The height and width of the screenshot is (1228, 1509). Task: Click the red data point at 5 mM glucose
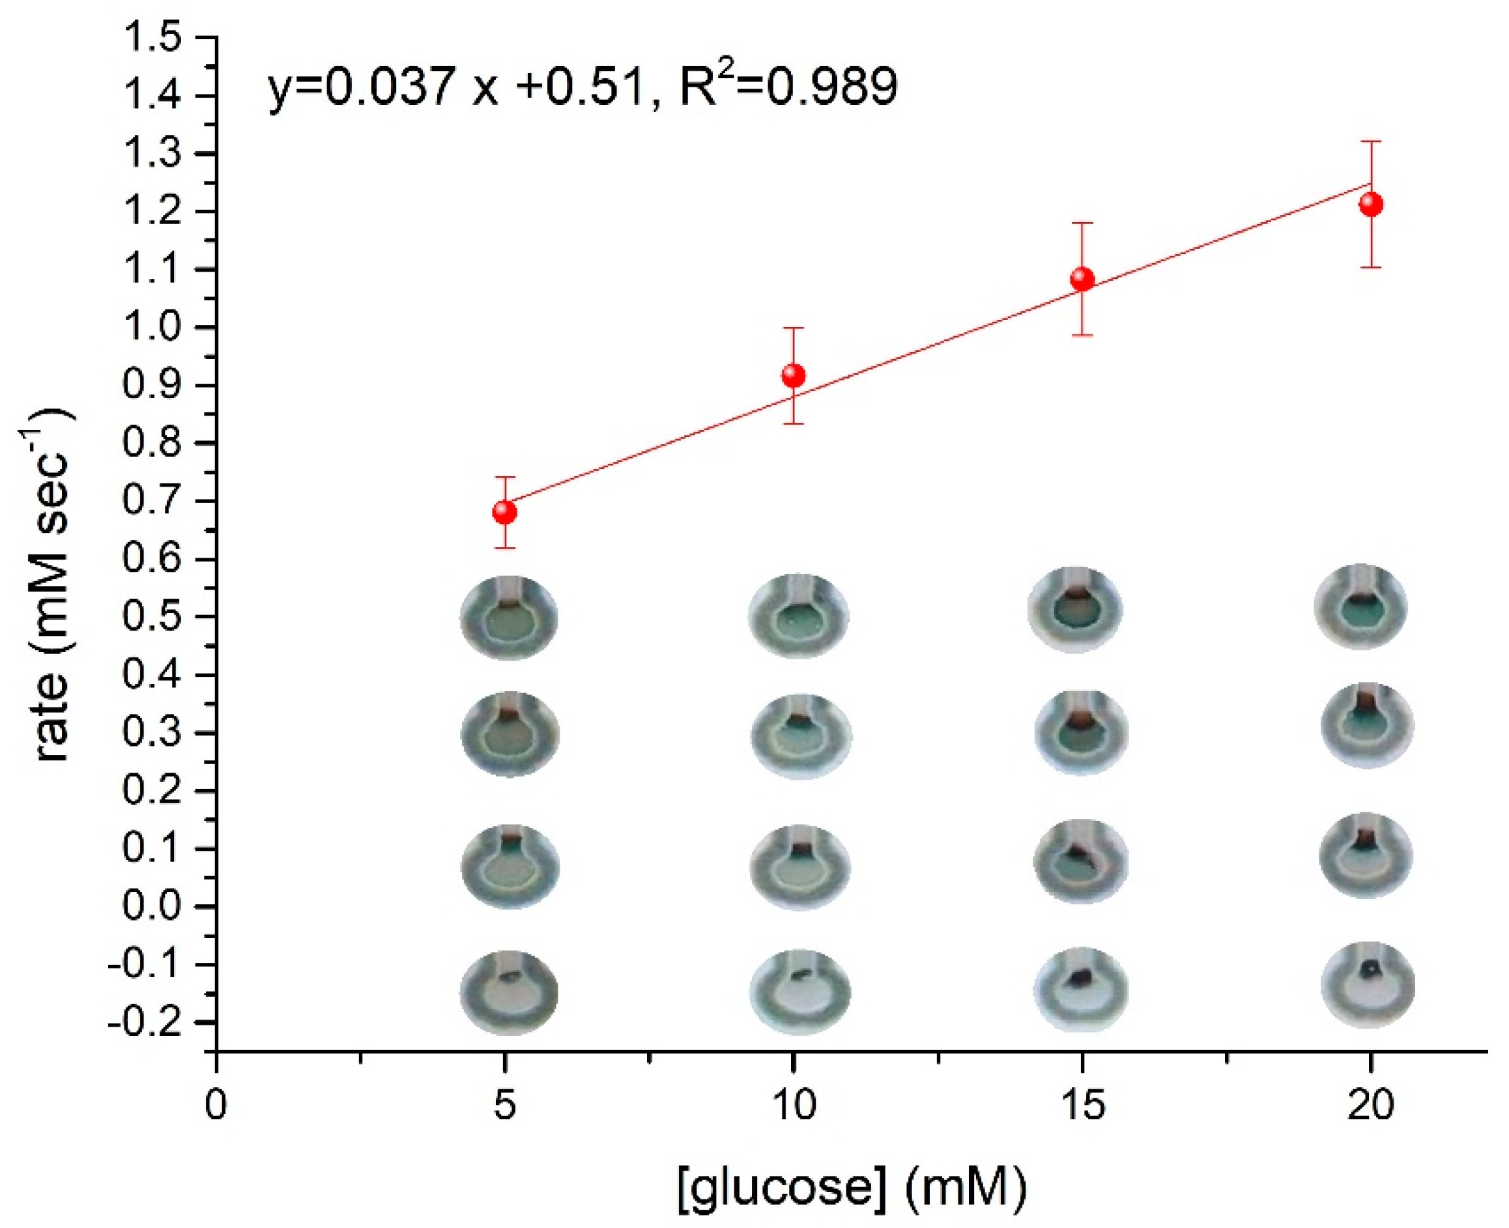point(504,511)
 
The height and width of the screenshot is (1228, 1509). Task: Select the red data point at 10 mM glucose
point(793,375)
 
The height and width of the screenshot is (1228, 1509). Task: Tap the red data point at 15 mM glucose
point(1082,279)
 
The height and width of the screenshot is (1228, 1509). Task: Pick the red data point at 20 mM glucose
point(1371,205)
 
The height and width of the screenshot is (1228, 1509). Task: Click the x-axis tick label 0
point(216,1104)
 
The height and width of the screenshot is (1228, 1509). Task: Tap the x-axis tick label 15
point(1082,1104)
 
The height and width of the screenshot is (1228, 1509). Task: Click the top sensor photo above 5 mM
point(510,618)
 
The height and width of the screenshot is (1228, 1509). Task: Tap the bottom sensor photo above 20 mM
point(1368,984)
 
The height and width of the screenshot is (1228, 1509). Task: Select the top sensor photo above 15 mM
point(1075,609)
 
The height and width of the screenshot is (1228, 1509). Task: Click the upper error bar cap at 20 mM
point(1371,141)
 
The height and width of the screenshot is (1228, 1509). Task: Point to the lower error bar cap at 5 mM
point(504,547)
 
